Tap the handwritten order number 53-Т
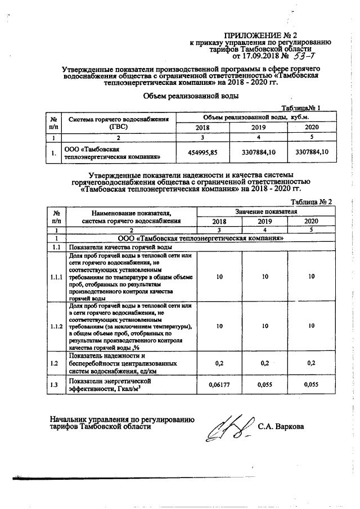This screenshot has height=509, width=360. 305,56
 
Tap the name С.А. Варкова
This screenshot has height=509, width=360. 281,426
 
